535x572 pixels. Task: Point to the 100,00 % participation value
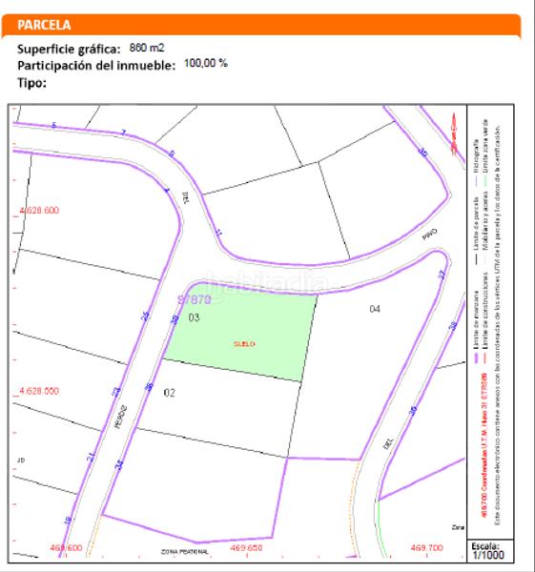[205, 63]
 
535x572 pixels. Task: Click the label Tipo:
[32, 82]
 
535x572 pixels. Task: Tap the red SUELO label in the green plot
[245, 343]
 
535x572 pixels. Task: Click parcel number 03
[194, 317]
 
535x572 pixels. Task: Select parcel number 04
[375, 308]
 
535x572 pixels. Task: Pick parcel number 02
[170, 392]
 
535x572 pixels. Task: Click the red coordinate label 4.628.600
[39, 210]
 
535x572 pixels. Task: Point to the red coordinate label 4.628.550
[39, 391]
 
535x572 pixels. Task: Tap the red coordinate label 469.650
[246, 549]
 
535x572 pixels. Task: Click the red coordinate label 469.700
[426, 549]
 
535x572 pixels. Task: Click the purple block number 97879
[194, 298]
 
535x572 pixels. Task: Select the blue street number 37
[442, 275]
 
